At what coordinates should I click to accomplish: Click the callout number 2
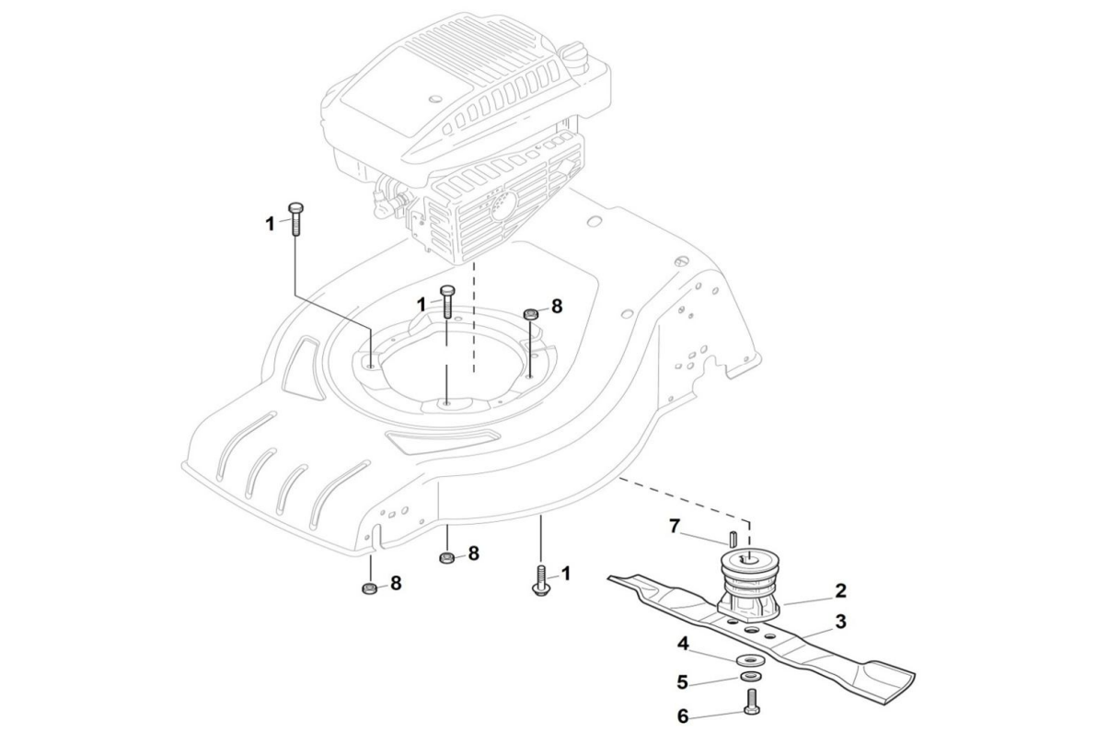click(x=841, y=591)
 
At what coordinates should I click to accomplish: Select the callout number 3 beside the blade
click(x=840, y=622)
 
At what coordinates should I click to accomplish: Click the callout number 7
click(x=675, y=527)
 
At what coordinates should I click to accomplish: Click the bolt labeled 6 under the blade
click(x=752, y=707)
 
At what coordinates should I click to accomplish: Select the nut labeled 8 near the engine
click(x=531, y=315)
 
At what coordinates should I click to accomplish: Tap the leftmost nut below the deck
click(x=368, y=588)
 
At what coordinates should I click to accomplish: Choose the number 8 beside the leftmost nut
click(x=396, y=584)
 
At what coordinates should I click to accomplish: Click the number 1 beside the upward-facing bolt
click(x=566, y=574)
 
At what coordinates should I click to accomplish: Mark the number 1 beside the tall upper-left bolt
click(x=271, y=223)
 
